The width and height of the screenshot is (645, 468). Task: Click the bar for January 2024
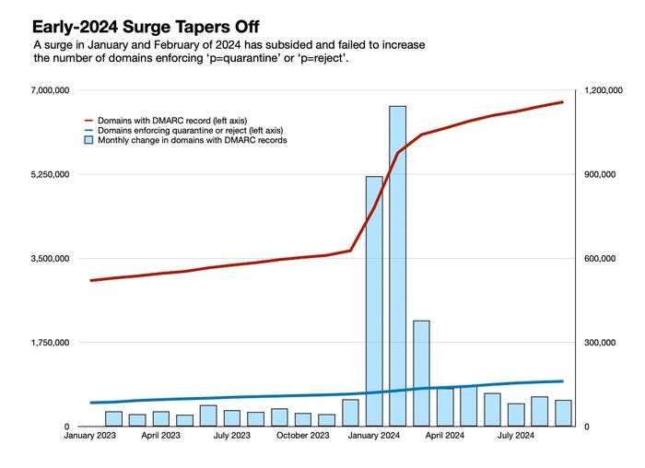click(374, 300)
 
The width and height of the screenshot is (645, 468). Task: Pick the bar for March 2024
click(421, 373)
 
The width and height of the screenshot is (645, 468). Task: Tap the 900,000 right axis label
click(600, 174)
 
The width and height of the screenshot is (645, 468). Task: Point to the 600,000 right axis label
click(600, 259)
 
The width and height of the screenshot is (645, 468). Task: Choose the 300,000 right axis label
click(600, 343)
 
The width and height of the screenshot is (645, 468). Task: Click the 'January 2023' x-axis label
click(91, 436)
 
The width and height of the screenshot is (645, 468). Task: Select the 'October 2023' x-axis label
click(303, 436)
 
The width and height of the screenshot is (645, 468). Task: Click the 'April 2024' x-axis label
click(444, 436)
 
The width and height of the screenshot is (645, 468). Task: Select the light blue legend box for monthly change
click(89, 141)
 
